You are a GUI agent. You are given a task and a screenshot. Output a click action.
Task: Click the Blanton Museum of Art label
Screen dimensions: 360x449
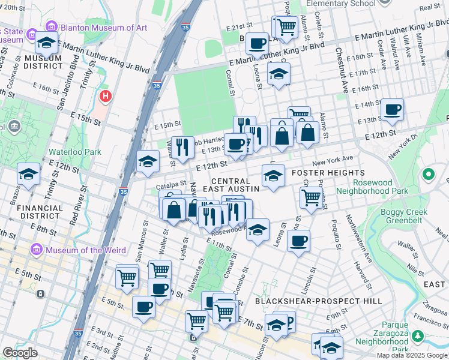[96, 27]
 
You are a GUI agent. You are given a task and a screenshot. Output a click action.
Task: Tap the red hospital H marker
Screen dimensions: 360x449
[106, 96]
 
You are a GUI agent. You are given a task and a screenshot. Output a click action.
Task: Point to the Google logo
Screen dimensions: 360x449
[20, 353]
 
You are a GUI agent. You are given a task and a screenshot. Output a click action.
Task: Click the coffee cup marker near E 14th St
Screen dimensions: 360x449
[392, 110]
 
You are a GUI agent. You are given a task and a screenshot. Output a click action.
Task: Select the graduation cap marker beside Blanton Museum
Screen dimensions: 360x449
[47, 43]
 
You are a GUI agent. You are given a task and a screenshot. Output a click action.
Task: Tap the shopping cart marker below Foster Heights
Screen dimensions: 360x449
[310, 197]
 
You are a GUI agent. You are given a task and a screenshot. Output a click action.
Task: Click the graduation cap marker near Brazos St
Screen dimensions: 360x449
[28, 174]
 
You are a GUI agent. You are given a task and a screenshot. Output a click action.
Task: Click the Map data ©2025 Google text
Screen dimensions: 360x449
[412, 355]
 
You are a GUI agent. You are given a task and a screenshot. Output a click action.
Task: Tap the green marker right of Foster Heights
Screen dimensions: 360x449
[428, 175]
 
